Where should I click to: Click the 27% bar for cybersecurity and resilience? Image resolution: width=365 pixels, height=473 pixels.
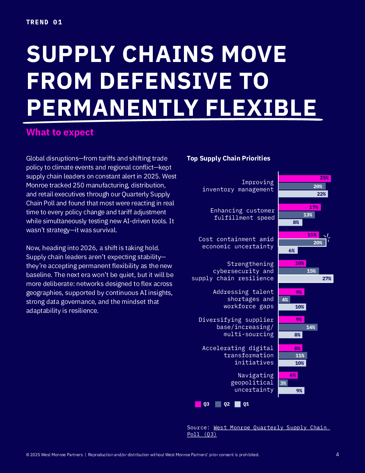tap(306, 278)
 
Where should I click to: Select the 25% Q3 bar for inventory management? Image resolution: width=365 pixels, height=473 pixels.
tap(305, 178)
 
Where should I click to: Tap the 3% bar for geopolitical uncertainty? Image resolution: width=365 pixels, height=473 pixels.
tap(283, 383)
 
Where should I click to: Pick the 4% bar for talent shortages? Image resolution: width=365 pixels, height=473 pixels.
tap(284, 300)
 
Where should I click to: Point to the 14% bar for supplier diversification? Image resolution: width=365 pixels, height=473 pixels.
tap(298, 327)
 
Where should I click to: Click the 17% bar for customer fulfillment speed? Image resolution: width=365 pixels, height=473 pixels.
tap(300, 207)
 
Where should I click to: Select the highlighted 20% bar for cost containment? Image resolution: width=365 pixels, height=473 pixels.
tap(302, 243)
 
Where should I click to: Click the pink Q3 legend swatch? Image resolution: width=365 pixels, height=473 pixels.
tap(198, 404)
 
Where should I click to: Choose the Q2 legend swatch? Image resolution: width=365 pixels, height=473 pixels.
tap(218, 404)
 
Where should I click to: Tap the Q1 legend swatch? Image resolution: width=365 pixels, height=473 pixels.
tap(238, 404)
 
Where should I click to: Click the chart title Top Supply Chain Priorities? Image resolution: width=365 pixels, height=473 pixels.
tap(228, 158)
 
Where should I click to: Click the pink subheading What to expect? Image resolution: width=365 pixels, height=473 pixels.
tap(60, 133)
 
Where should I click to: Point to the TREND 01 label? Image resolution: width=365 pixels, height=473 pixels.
tap(44, 22)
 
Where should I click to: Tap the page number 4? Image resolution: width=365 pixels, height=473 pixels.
tap(337, 454)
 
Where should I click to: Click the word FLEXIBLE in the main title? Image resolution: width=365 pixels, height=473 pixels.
tap(261, 108)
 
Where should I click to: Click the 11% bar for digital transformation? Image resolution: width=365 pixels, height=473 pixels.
tap(293, 355)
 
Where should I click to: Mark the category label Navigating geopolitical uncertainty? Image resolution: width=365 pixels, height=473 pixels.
tap(252, 383)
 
